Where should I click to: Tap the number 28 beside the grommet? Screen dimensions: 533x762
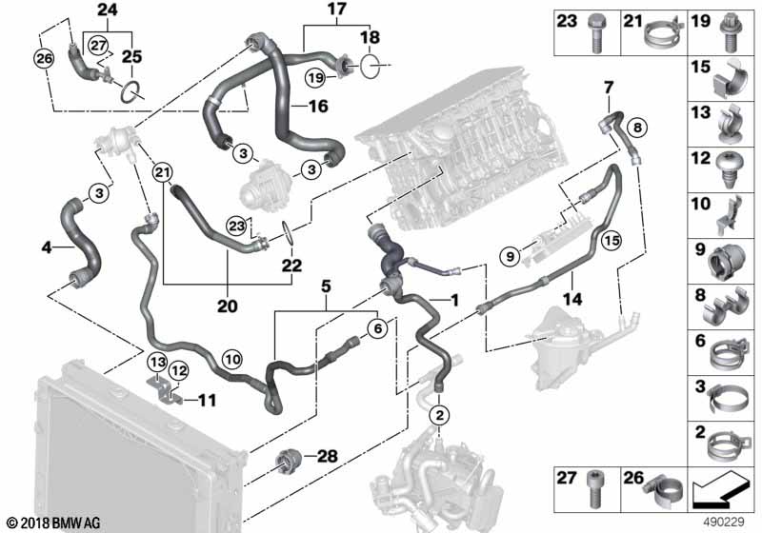point(326,457)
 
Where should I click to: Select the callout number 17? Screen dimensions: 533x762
point(309,11)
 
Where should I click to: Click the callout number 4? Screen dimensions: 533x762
point(46,248)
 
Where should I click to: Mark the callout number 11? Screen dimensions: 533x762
point(207,402)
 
